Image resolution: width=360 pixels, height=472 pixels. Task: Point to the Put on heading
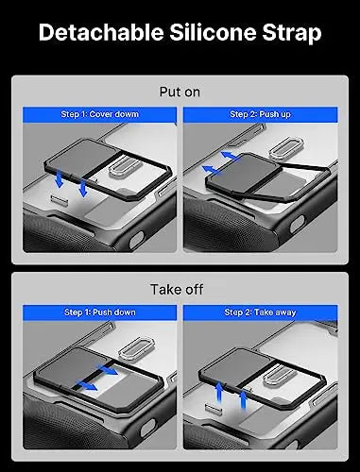[x=180, y=93]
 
